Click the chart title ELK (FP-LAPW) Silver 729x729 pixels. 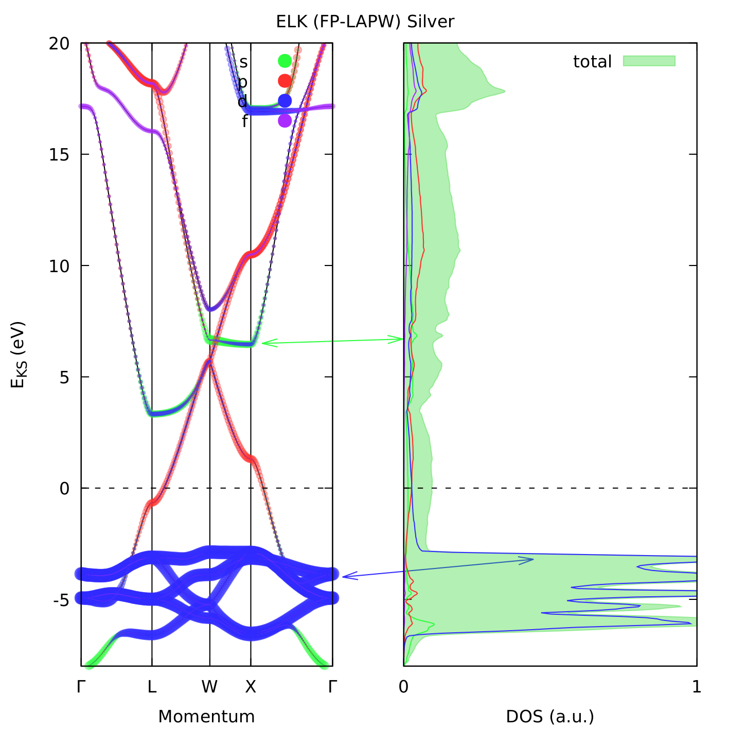(x=365, y=22)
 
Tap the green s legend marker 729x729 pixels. (x=285, y=61)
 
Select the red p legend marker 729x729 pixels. (x=285, y=81)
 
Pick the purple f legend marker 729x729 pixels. (x=285, y=120)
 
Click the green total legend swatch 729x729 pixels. (x=649, y=61)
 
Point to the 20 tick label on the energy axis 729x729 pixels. (x=59, y=44)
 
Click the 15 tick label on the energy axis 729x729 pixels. (x=59, y=154)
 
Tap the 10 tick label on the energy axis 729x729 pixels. (x=59, y=266)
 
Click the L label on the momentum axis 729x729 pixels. (x=152, y=687)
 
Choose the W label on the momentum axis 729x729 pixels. (x=209, y=687)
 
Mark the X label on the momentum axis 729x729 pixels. (x=251, y=687)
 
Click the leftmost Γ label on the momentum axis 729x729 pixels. (x=81, y=687)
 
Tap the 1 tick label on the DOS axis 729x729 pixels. (x=697, y=687)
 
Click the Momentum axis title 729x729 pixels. (x=206, y=716)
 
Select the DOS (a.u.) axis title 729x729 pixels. (x=550, y=716)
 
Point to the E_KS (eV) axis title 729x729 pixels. (x=18, y=355)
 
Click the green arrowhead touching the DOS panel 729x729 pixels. (x=401, y=339)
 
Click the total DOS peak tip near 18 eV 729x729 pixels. (x=504, y=92)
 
